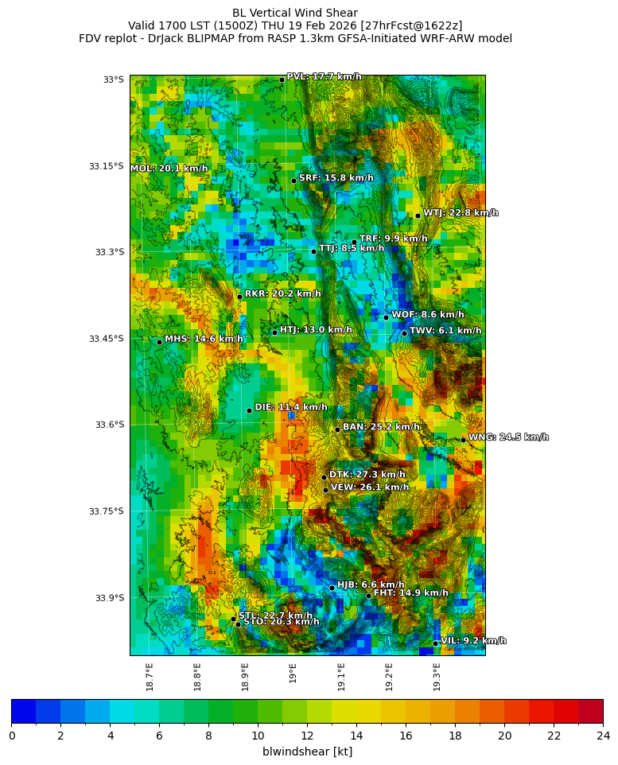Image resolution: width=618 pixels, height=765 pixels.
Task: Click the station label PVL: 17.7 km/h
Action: pyautogui.click(x=324, y=77)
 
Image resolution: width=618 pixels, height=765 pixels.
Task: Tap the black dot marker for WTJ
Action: pyautogui.click(x=418, y=216)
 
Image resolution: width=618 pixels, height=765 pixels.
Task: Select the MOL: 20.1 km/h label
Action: pyautogui.click(x=169, y=169)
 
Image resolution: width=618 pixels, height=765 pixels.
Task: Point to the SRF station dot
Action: pyautogui.click(x=293, y=181)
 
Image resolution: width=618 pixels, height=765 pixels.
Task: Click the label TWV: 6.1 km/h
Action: pyautogui.click(x=445, y=331)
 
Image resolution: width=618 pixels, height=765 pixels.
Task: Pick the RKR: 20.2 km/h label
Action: pyautogui.click(x=282, y=294)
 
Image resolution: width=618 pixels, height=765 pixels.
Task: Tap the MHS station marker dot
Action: pyautogui.click(x=159, y=342)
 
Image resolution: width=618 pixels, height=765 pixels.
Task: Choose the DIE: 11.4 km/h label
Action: pyautogui.click(x=290, y=407)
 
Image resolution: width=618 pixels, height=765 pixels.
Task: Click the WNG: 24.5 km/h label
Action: pyautogui.click(x=508, y=437)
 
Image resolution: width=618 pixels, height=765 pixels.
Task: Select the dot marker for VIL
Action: pyautogui.click(x=435, y=643)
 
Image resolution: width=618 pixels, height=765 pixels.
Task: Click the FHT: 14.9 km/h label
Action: pyautogui.click(x=410, y=593)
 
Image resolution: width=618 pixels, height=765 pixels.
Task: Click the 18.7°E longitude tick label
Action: pyautogui.click(x=150, y=677)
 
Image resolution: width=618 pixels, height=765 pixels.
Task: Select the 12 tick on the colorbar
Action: pyautogui.click(x=307, y=736)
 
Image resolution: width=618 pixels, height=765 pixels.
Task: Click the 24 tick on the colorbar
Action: pyautogui.click(x=602, y=736)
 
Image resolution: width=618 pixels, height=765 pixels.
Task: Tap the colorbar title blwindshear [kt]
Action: pyautogui.click(x=307, y=752)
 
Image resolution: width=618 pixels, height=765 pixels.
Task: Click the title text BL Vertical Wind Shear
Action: pyautogui.click(x=295, y=13)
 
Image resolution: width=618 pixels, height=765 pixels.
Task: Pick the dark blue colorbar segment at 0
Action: pyautogui.click(x=23, y=711)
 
